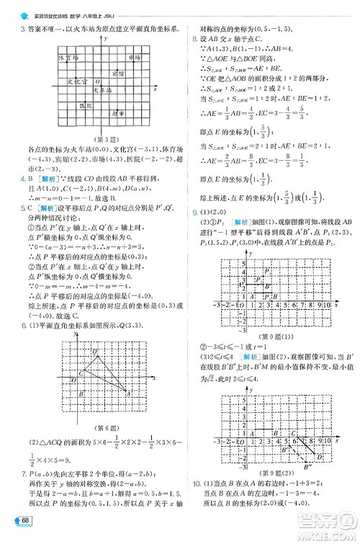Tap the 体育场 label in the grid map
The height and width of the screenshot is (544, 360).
(67, 56)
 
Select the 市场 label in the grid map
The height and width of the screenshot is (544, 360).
(135, 56)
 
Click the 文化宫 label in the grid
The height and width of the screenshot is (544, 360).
(76, 81)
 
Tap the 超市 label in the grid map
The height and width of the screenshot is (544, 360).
(117, 113)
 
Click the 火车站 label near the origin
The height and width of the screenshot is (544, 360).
(103, 91)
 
